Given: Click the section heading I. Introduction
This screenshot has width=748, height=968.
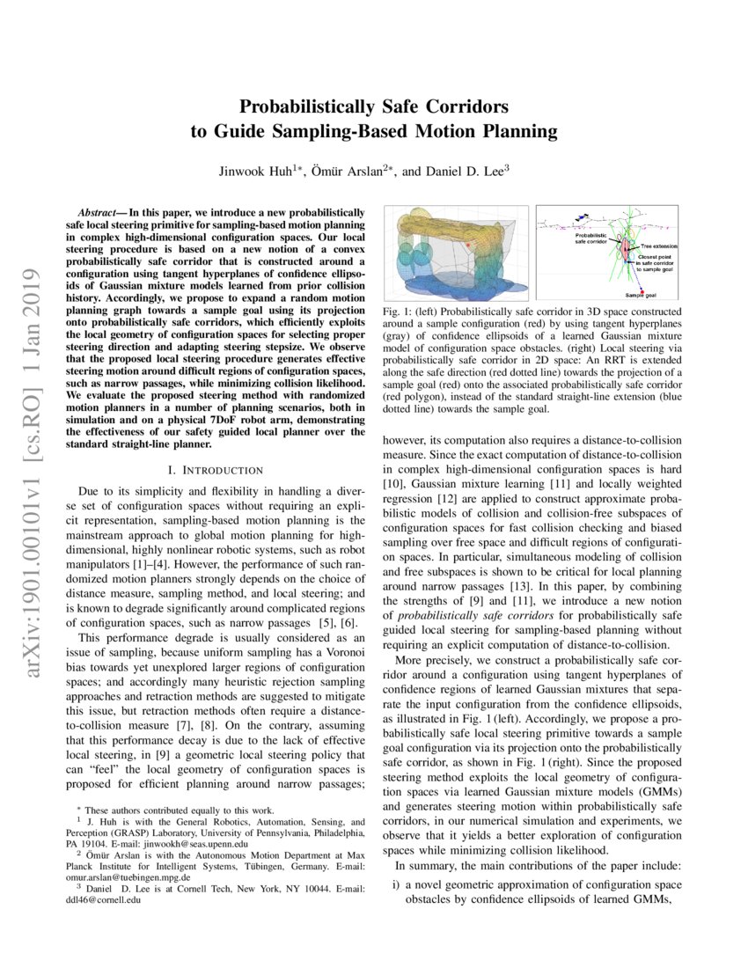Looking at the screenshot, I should [x=216, y=472].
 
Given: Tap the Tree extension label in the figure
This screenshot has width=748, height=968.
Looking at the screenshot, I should [x=659, y=247].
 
